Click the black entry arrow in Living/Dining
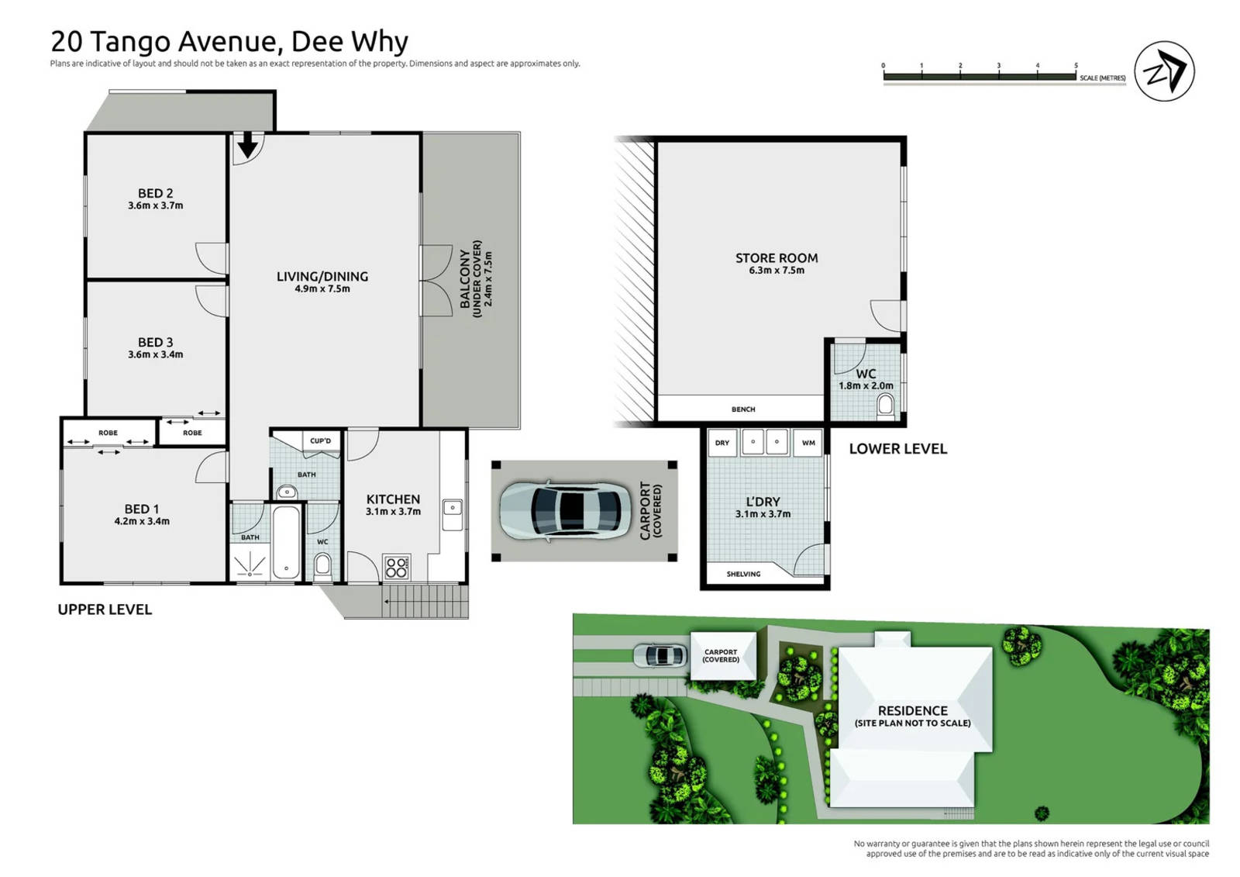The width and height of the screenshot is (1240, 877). pos(247,145)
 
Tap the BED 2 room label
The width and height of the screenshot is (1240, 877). pos(155,193)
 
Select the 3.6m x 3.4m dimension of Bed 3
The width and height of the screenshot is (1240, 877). pos(155,354)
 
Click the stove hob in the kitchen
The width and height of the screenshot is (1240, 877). pos(396,568)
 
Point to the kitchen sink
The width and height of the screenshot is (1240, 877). pos(452,508)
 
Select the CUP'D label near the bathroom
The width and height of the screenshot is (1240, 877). pos(320,440)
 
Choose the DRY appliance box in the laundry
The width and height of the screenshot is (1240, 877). pos(722,443)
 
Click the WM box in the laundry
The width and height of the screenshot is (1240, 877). pos(808,443)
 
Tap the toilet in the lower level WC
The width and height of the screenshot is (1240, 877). pos(885,405)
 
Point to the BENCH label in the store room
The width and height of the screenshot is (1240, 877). pos(742,409)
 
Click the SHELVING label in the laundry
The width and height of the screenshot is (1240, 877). pos(743,574)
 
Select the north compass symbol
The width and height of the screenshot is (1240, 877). pos(1164,71)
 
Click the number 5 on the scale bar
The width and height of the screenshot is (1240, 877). pos(1076,66)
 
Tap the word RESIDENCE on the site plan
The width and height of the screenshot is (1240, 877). pos(912,710)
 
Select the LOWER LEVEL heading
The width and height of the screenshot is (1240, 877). pos(897,448)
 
